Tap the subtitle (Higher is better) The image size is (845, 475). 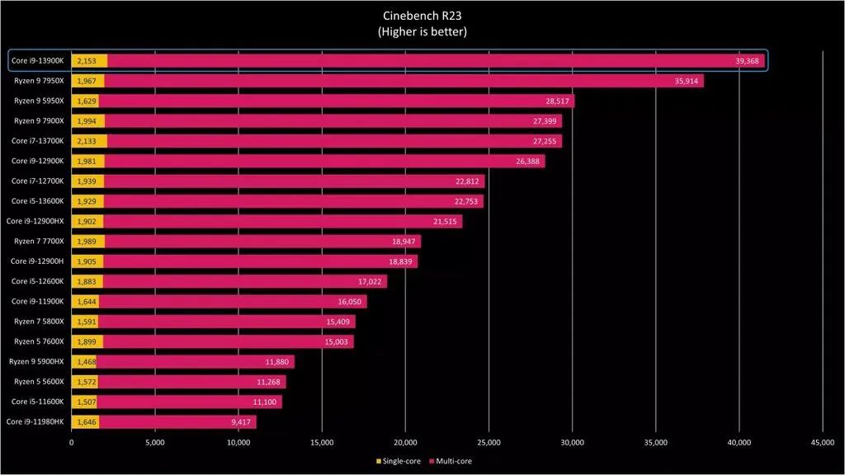422,32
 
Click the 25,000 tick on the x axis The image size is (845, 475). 489,443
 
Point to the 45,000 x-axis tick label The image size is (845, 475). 823,443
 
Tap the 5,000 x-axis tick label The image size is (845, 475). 155,443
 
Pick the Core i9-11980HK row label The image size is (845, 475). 36,422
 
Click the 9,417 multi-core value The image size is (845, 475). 241,422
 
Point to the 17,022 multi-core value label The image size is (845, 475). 371,281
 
